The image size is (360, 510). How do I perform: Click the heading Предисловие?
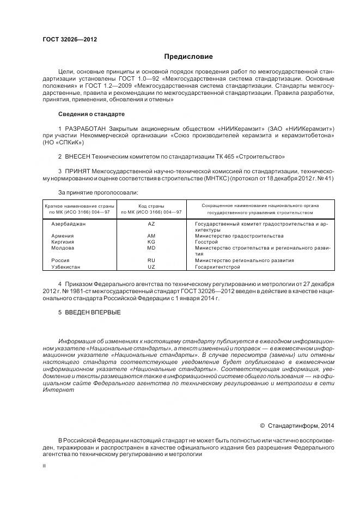click(189, 56)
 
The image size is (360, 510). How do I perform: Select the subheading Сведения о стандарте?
click(91, 114)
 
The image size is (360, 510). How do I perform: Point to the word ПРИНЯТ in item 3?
click(76, 171)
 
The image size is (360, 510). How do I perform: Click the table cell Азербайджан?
click(69, 224)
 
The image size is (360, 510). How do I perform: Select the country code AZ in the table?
click(151, 224)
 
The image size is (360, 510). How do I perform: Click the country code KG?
click(151, 242)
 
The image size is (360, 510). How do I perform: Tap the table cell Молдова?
click(63, 248)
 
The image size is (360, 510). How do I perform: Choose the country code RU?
click(151, 260)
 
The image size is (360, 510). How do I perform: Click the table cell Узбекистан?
click(65, 266)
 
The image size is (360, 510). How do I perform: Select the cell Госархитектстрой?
click(217, 266)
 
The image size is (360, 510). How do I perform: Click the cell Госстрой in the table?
click(206, 242)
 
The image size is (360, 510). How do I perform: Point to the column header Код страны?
click(151, 205)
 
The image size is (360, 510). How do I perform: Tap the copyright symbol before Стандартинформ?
click(262, 426)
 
